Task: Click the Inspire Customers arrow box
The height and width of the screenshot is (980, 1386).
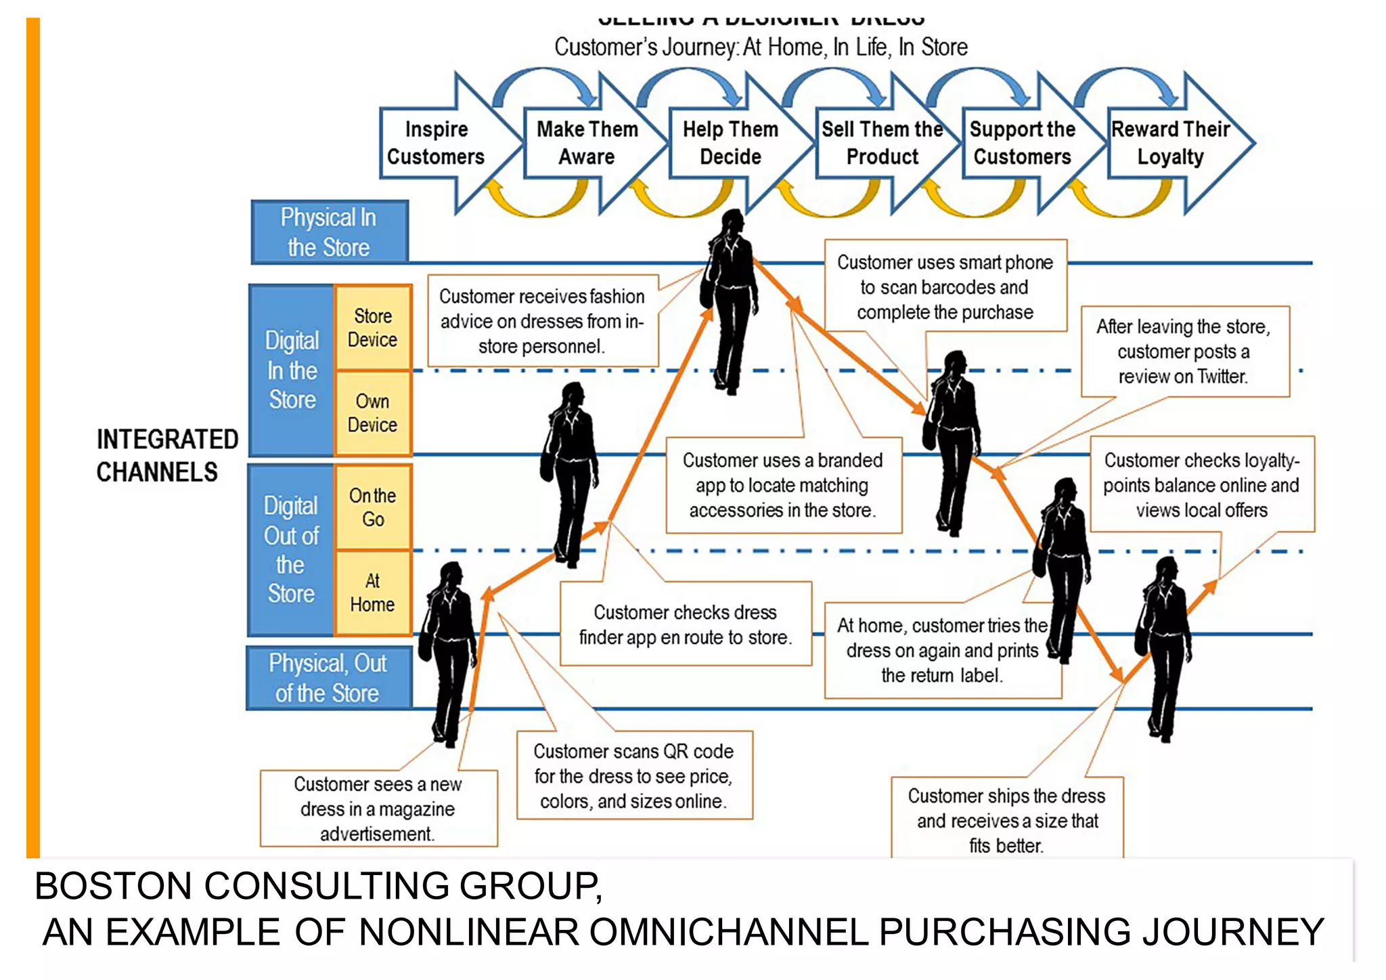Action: click(437, 143)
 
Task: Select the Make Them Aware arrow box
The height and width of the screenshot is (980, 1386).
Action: click(587, 143)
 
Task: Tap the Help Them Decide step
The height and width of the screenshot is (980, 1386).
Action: click(730, 143)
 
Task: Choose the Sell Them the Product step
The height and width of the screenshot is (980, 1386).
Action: click(882, 143)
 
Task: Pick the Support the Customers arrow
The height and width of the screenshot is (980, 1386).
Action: click(1022, 143)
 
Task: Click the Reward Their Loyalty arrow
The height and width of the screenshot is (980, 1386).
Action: click(1170, 143)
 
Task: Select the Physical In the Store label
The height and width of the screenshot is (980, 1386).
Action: click(329, 232)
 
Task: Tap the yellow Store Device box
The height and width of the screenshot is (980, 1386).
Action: click(373, 328)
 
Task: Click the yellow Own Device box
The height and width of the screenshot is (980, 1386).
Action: click(373, 412)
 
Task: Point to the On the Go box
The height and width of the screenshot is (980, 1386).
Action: click(373, 507)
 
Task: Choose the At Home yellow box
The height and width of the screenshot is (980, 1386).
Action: click(373, 593)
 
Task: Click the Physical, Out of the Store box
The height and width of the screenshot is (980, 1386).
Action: click(328, 678)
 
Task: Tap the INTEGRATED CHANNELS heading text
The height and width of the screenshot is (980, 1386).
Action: click(166, 455)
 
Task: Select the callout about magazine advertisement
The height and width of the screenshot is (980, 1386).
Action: click(378, 808)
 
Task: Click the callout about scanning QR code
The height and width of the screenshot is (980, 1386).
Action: click(633, 775)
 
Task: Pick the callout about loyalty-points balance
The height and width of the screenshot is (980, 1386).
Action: click(1201, 485)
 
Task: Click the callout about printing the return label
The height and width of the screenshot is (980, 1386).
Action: click(941, 650)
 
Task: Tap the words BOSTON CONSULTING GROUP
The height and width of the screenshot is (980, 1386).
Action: click(318, 886)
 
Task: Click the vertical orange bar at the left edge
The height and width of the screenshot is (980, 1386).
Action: click(32, 433)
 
